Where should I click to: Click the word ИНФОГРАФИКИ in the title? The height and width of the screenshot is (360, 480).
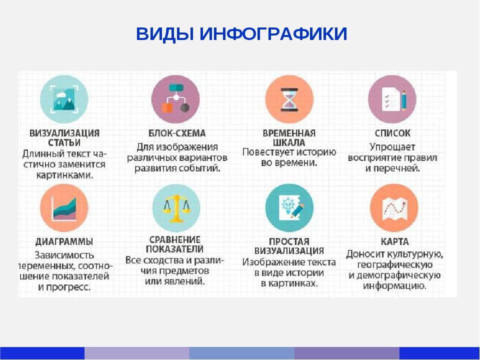[x=273, y=33]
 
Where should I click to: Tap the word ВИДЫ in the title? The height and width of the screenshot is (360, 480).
[x=164, y=33]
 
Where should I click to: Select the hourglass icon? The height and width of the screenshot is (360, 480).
[x=289, y=99]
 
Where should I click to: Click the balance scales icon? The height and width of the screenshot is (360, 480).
[x=176, y=208]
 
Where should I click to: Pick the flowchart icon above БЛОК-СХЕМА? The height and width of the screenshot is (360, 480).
[x=175, y=98]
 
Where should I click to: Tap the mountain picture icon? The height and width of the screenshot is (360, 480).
[x=64, y=99]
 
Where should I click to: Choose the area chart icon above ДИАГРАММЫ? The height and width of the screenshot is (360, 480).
[x=64, y=208]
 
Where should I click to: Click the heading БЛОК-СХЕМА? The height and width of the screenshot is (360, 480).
[x=177, y=133]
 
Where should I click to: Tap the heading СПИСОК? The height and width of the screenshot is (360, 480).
[x=393, y=133]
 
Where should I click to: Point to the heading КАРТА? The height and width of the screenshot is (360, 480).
[x=394, y=241]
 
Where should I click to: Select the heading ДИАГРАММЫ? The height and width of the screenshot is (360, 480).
[x=64, y=241]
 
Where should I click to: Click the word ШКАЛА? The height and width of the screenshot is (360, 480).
[x=288, y=142]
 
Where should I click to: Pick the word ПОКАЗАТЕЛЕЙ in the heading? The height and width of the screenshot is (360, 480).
[x=174, y=249]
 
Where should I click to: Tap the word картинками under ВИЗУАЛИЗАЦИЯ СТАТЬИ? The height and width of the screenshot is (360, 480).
[x=64, y=175]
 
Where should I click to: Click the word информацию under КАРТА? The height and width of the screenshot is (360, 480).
[x=394, y=286]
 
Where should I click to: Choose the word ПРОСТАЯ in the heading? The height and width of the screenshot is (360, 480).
[x=289, y=241]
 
